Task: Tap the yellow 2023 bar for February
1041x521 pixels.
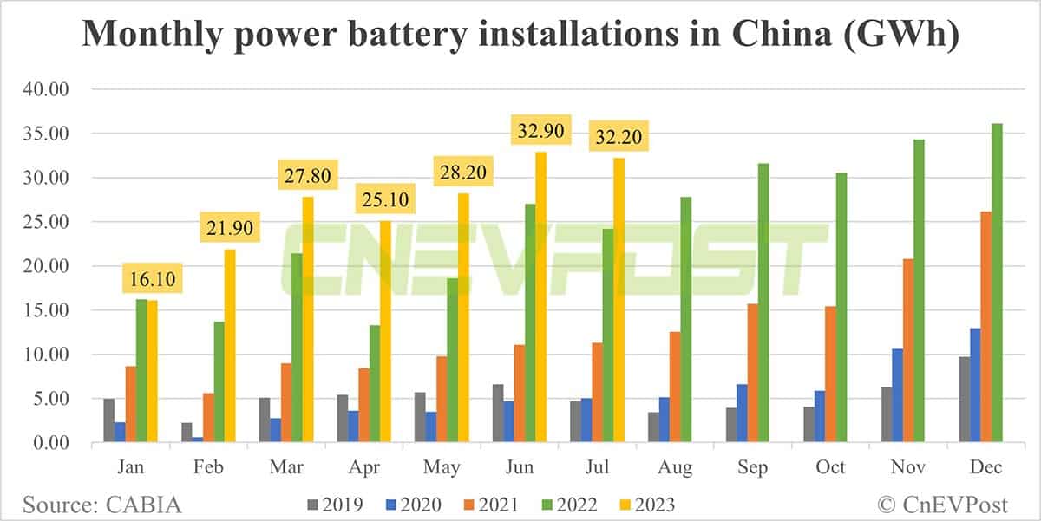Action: coord(231,347)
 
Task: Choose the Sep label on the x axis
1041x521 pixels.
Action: coord(752,467)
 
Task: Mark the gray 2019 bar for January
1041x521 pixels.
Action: coord(108,421)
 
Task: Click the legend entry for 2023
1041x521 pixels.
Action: coord(645,504)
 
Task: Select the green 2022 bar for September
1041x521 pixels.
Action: coord(763,303)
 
